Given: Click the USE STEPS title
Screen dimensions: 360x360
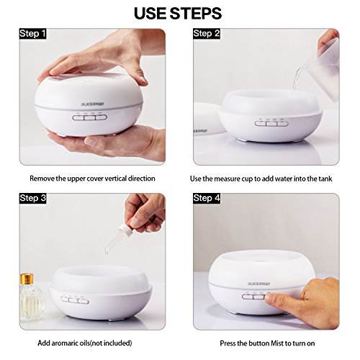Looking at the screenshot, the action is pyautogui.click(x=178, y=14).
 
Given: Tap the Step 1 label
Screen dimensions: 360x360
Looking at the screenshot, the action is pyautogui.click(x=32, y=34).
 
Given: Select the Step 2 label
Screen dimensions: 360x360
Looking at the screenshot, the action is pyautogui.click(x=207, y=34).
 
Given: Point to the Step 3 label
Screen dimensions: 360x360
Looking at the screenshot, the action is pyautogui.click(x=32, y=198).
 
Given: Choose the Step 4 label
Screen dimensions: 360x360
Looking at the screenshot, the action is pyautogui.click(x=207, y=198).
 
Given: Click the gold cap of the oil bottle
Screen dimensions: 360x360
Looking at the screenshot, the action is pyautogui.click(x=27, y=278).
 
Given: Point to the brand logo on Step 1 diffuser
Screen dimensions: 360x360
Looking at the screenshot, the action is pyautogui.click(x=93, y=104).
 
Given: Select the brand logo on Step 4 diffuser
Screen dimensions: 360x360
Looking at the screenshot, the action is pyautogui.click(x=259, y=284).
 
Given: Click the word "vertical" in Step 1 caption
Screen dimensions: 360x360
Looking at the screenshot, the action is pyautogui.click(x=111, y=179).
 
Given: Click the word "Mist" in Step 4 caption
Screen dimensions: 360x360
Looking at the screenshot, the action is pyautogui.click(x=277, y=343).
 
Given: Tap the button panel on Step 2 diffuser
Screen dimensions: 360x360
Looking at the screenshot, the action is pyautogui.click(x=271, y=124).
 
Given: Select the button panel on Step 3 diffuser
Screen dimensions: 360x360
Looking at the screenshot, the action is pyautogui.click(x=75, y=300).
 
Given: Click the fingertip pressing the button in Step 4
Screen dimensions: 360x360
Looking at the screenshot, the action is pyautogui.click(x=271, y=298).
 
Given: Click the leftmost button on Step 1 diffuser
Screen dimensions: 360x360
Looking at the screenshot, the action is pyautogui.click(x=78, y=118).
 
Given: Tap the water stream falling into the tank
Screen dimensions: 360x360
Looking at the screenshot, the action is pyautogui.click(x=296, y=78).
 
